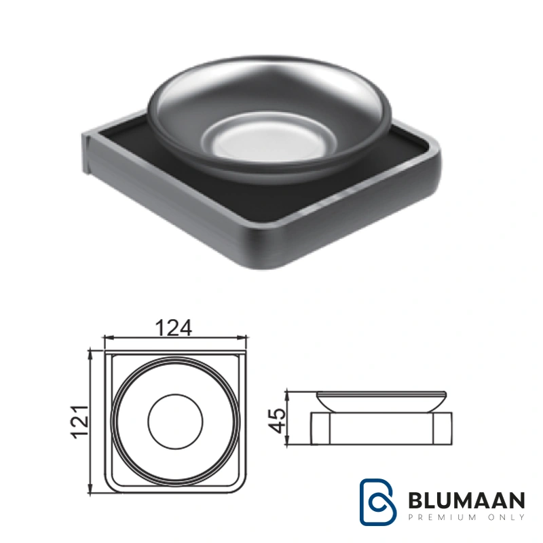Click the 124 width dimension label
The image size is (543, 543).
pos(174,328)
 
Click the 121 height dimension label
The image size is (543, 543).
pos(80,422)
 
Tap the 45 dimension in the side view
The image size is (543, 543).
pos(278,420)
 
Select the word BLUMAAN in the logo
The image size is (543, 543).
pos(467,500)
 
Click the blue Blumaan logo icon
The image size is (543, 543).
pos(377,502)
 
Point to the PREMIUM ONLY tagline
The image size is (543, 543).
pos(467,517)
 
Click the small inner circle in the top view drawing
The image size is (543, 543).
pos(175,422)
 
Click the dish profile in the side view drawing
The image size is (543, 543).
pos(381,402)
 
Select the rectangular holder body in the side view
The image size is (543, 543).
pos(381,428)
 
